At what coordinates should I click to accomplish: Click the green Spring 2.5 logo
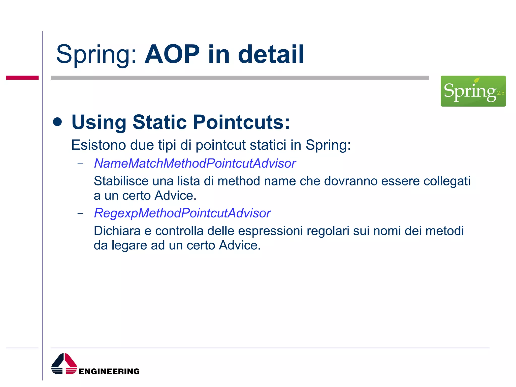(x=473, y=91)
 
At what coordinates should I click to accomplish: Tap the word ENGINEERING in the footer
(x=109, y=371)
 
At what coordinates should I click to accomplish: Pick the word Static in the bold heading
(x=159, y=122)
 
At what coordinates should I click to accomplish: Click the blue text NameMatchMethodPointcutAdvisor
(x=195, y=163)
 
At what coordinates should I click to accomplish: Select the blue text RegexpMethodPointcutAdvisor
(x=182, y=213)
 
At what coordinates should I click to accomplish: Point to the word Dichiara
(x=117, y=231)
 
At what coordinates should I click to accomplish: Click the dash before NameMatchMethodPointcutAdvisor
(x=80, y=164)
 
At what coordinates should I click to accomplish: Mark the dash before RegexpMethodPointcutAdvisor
(x=80, y=214)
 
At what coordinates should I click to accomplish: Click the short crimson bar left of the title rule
(x=22, y=78)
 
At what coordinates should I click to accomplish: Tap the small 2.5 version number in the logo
(x=500, y=93)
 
